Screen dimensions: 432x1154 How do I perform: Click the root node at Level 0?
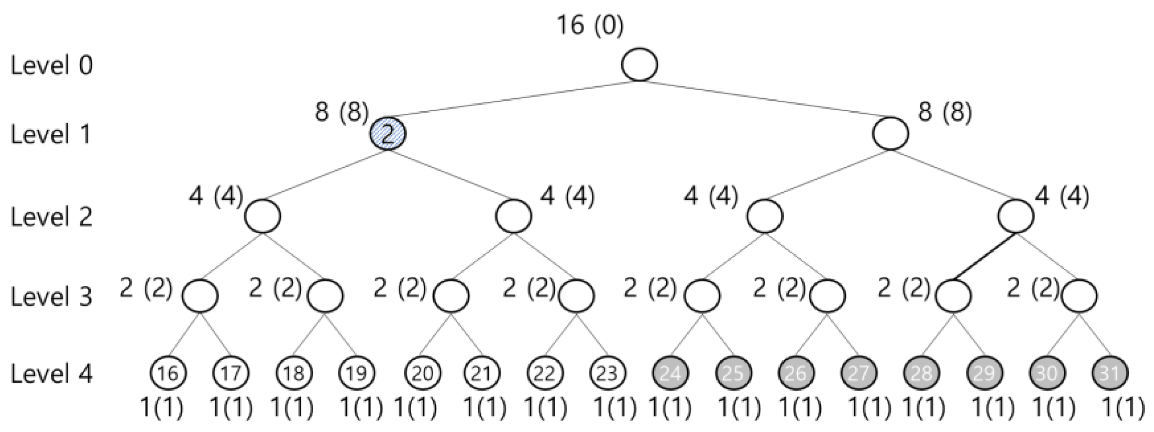639,65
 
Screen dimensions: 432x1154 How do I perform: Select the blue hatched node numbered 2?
387,134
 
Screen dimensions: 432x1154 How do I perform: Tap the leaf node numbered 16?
169,373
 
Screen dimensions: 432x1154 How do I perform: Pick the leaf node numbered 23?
607,373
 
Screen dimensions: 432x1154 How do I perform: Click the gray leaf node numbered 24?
670,373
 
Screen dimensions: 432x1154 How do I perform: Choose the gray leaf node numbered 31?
1110,373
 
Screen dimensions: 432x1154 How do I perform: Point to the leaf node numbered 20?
422,373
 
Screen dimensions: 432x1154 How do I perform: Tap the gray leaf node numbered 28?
922,373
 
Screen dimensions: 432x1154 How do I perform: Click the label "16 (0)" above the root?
590,25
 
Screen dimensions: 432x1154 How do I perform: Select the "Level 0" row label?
52,65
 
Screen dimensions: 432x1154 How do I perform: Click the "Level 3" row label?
52,297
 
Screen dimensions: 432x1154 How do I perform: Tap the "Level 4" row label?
52,373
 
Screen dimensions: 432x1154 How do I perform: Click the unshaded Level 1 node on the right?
891,134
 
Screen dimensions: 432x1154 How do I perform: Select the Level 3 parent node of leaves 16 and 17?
200,296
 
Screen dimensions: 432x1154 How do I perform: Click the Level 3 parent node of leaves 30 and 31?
1079,296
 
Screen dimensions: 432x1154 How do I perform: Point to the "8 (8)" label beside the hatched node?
341,111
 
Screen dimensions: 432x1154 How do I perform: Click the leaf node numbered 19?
357,373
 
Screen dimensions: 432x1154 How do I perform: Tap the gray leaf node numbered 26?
796,373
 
